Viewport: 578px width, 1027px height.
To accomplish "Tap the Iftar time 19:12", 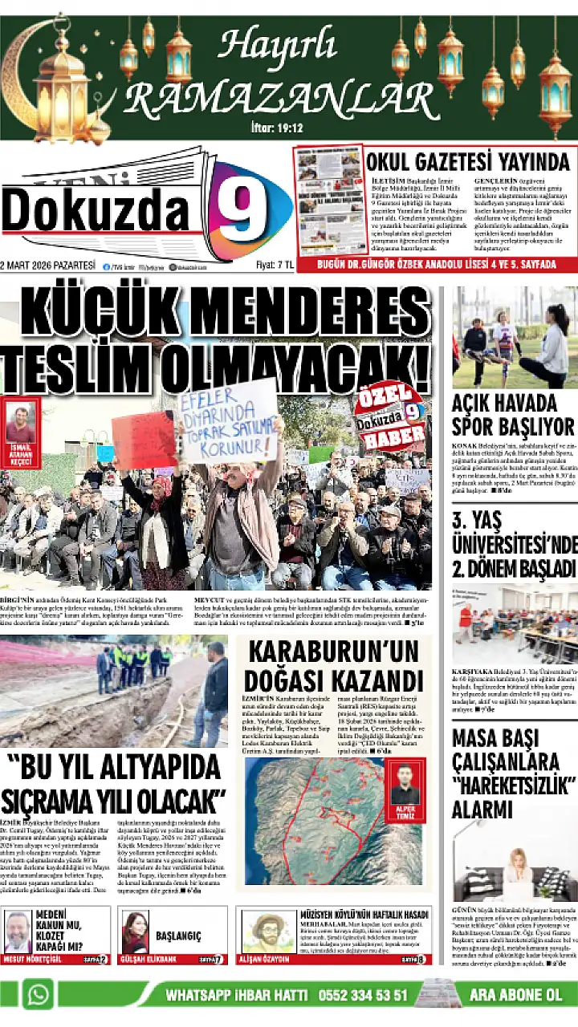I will pyautogui.click(x=276, y=128).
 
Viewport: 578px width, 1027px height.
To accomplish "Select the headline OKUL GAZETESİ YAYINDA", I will pyautogui.click(x=467, y=161).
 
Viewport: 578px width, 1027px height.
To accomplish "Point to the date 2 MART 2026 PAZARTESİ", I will pyautogui.click(x=47, y=266).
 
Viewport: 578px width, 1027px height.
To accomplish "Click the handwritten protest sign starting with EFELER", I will pyautogui.click(x=227, y=422).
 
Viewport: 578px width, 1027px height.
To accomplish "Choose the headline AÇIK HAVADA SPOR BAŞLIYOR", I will pyautogui.click(x=513, y=414).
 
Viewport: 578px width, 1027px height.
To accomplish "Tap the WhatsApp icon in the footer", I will pyautogui.click(x=38, y=995).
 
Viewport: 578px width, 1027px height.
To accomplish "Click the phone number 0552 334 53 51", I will pyautogui.click(x=364, y=996).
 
